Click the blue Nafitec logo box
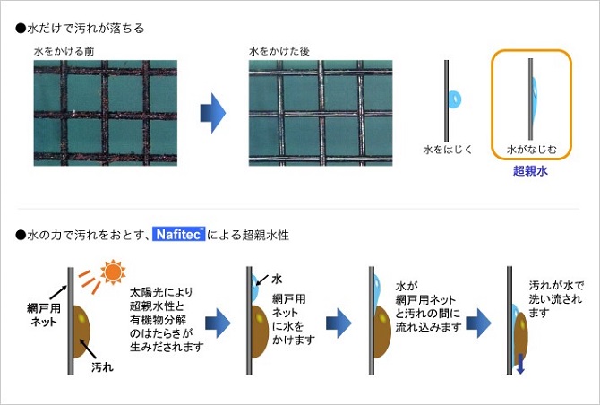tap(179, 235)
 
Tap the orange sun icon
tap(113, 270)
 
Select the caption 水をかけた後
tap(278, 51)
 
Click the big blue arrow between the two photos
tap(211, 111)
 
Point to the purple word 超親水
tap(529, 170)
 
